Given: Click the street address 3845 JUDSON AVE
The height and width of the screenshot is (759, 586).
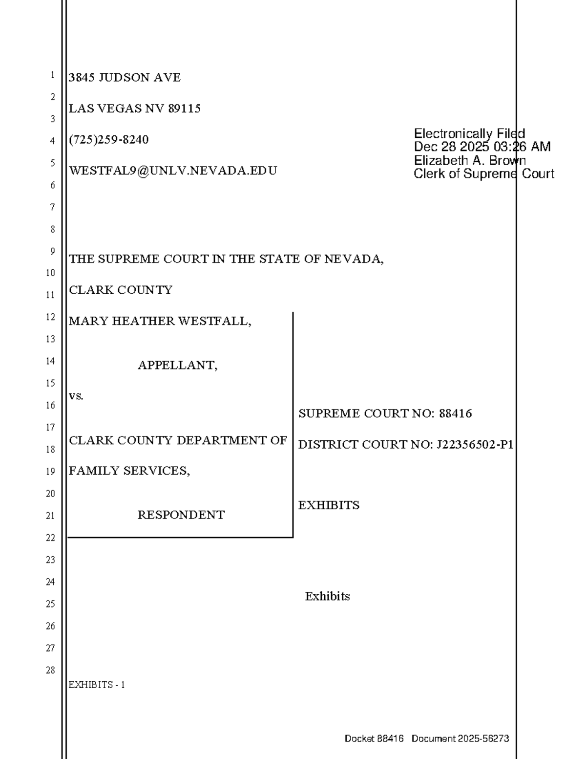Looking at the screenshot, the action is (125, 78).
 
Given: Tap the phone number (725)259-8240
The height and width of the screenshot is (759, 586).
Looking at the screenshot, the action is (109, 140).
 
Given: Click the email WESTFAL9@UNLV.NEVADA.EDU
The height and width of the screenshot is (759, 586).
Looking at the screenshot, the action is (173, 171).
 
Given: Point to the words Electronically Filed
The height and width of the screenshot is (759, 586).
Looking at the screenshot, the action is (469, 134).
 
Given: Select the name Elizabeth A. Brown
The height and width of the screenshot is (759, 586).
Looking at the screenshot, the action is (469, 160).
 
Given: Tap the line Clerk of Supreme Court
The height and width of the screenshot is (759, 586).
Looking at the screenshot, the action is (483, 174).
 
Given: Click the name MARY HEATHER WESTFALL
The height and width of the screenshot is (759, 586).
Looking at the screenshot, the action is (159, 321).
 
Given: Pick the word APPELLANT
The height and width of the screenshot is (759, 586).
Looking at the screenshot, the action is (177, 365).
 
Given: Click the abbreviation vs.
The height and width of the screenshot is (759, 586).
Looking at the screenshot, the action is (76, 396).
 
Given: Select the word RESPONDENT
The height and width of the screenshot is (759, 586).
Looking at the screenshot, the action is (181, 515).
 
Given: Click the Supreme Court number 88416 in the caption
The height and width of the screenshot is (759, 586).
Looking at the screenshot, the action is (455, 414).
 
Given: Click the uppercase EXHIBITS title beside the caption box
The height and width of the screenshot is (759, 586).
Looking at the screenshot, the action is (329, 505).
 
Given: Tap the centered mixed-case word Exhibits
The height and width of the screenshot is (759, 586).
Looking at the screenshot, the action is (327, 596).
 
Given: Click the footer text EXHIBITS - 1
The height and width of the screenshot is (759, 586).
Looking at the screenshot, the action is (97, 685).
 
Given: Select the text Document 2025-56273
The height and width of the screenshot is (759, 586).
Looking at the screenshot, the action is (460, 738).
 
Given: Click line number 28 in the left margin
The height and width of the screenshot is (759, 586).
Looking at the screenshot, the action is (50, 670).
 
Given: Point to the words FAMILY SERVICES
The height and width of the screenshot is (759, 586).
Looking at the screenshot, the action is (128, 471).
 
